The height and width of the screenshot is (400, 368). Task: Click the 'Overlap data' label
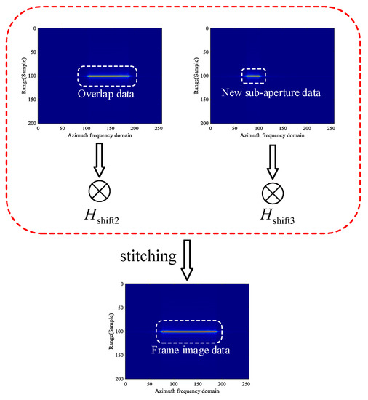(x=107, y=94)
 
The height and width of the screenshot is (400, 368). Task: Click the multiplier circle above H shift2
(x=98, y=191)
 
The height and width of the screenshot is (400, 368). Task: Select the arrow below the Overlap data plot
(x=98, y=159)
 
